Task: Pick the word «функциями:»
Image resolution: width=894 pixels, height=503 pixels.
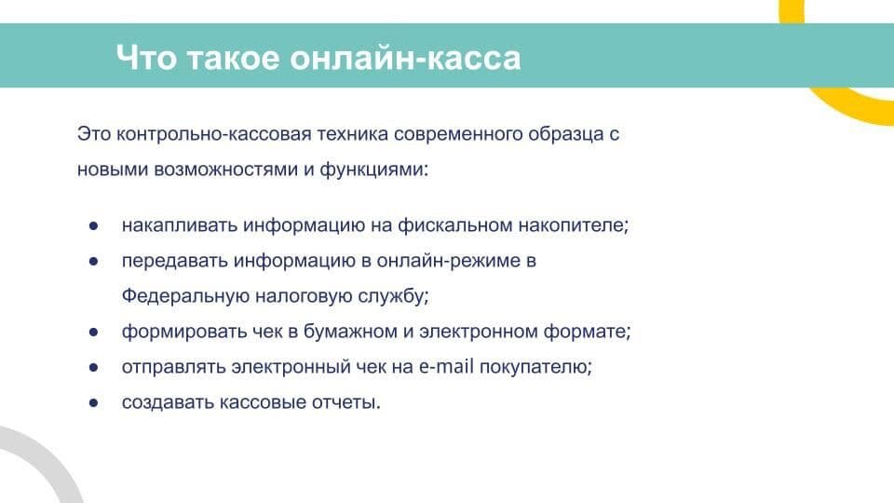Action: pyautogui.click(x=376, y=170)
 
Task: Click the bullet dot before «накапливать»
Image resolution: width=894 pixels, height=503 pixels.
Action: pyautogui.click(x=94, y=226)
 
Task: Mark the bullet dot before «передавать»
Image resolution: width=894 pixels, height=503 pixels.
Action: pyautogui.click(x=94, y=262)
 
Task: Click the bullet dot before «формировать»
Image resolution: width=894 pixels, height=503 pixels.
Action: pyautogui.click(x=94, y=333)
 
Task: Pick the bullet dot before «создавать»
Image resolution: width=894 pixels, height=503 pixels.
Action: pyautogui.click(x=94, y=403)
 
